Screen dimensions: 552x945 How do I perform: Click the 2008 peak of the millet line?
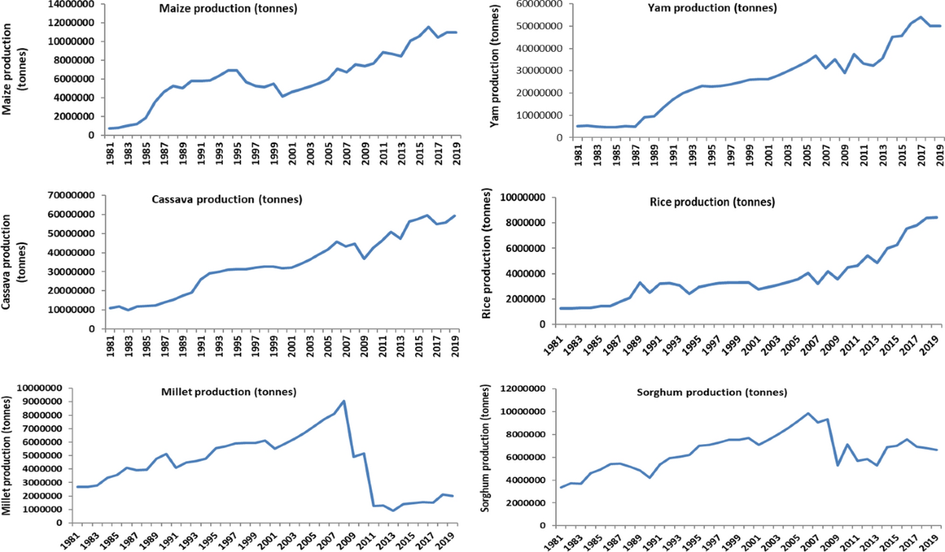point(343,401)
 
